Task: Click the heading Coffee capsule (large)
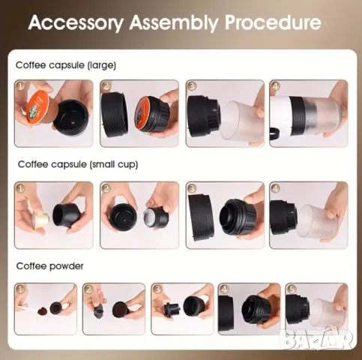(66, 65)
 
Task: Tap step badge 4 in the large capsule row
(275, 87)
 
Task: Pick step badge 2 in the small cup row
(106, 189)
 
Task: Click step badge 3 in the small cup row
(192, 188)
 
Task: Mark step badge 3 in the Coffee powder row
(157, 289)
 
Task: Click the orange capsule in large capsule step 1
(37, 115)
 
